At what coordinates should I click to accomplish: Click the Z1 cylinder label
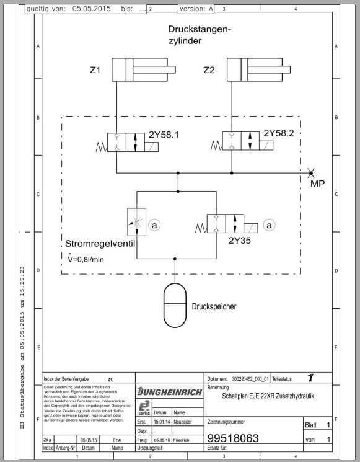click(x=95, y=71)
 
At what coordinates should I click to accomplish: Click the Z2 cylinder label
click(x=209, y=71)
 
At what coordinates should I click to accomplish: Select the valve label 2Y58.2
click(x=278, y=133)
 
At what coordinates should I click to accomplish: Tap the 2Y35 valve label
click(x=240, y=241)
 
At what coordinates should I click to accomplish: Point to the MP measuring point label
click(x=317, y=183)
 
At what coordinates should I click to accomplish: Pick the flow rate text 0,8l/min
click(x=90, y=259)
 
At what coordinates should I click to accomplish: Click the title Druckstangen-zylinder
click(x=198, y=35)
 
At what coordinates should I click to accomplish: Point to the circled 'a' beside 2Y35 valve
click(x=269, y=226)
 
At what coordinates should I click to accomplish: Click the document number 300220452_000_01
click(x=250, y=378)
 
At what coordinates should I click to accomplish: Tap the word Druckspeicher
click(x=214, y=306)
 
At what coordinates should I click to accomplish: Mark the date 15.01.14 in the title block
click(x=160, y=421)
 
